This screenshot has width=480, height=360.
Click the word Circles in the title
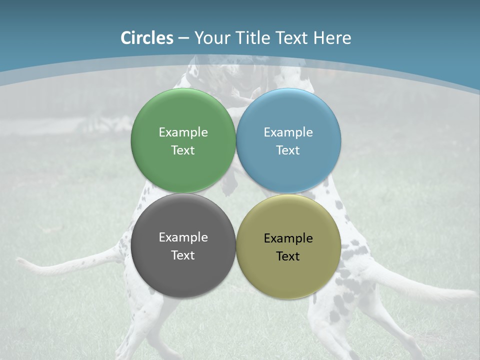click(x=147, y=38)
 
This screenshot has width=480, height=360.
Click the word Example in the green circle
click(x=183, y=132)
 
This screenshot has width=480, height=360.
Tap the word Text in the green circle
click(x=183, y=150)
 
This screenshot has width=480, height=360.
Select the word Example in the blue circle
click(x=288, y=132)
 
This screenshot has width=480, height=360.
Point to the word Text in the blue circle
click(x=288, y=150)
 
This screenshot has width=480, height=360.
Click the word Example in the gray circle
click(x=183, y=237)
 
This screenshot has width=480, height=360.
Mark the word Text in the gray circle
click(x=183, y=255)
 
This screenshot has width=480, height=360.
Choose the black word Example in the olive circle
click(x=288, y=238)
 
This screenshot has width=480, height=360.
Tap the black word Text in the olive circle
click(x=288, y=256)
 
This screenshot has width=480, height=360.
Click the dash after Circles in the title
click(x=183, y=38)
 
